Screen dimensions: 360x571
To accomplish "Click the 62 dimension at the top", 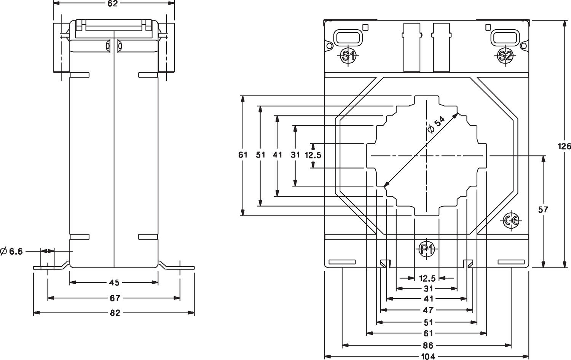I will pos(113,4).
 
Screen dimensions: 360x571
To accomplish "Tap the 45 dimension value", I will pos(114,283).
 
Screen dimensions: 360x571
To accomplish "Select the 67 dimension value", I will pos(115,298).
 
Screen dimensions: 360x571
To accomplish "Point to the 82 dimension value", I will pos(115,313).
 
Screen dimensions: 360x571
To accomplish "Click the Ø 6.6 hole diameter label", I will pos(12,251).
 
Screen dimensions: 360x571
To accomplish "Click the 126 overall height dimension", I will pos(564,146).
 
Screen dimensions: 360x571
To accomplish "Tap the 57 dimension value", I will pos(544,209).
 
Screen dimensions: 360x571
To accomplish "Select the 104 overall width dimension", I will pos(428,357).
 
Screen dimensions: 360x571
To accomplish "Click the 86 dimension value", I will pos(428,346).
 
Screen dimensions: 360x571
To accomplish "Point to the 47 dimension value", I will pos(428,310).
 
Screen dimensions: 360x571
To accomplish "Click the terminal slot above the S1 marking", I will pos(347,37).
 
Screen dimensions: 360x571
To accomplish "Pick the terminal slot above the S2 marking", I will pos(504,37).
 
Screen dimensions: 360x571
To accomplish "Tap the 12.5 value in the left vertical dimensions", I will pos(313,155).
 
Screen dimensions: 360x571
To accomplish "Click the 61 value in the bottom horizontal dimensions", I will pos(428,334).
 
